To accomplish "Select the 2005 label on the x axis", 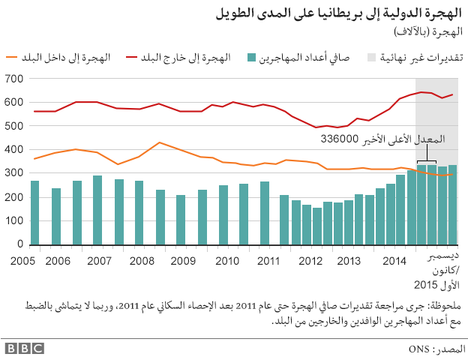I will [16, 260].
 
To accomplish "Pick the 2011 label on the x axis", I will [268, 260].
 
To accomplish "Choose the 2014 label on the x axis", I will [394, 260].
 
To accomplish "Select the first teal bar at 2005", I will [34, 212].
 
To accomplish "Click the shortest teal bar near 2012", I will [317, 226].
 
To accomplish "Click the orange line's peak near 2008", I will [160, 142].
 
